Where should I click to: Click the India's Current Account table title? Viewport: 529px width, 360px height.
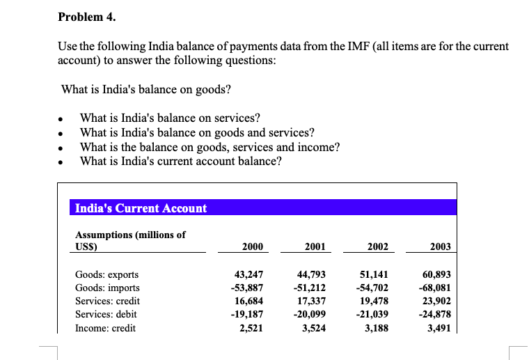pyautogui.click(x=141, y=208)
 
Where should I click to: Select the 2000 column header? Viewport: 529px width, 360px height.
pyautogui.click(x=252, y=246)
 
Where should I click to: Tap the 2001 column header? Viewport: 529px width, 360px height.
pyautogui.click(x=315, y=246)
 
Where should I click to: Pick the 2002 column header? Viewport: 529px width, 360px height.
pyautogui.click(x=377, y=246)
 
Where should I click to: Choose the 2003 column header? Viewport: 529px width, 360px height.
pyautogui.click(x=440, y=246)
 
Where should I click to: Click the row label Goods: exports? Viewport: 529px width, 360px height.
pyautogui.click(x=106, y=274)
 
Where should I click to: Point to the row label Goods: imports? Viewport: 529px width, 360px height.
pyautogui.click(x=107, y=288)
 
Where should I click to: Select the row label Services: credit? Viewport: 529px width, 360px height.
pyautogui.click(x=107, y=301)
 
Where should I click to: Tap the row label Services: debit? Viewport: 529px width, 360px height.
pyautogui.click(x=106, y=315)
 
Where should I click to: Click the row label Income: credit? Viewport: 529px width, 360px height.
pyautogui.click(x=105, y=328)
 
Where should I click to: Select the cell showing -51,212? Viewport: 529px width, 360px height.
pyautogui.click(x=311, y=288)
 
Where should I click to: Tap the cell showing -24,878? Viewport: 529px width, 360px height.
pyautogui.click(x=436, y=315)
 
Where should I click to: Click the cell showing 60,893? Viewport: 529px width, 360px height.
pyautogui.click(x=437, y=274)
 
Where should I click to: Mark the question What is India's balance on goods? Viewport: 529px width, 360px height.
pyautogui.click(x=146, y=90)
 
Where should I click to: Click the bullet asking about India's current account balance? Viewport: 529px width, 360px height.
pyautogui.click(x=181, y=161)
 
